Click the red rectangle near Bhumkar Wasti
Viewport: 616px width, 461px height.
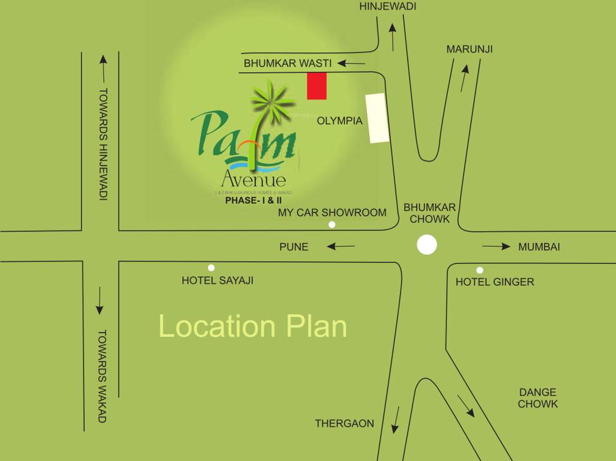pos(317,86)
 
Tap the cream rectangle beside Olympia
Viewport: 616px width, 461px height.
pos(378,118)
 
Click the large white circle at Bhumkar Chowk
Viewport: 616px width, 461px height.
pos(427,245)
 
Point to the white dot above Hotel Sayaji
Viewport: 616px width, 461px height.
pos(211,268)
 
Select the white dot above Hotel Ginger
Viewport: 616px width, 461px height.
pos(480,270)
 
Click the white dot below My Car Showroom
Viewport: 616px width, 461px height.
pos(331,224)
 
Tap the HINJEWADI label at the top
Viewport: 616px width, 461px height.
pos(387,7)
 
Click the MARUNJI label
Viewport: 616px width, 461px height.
pos(470,49)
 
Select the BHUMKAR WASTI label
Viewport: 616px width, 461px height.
pos(288,63)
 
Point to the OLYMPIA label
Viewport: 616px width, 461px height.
pos(340,121)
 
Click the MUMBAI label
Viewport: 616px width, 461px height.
pos(539,247)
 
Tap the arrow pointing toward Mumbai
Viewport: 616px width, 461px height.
pos(496,246)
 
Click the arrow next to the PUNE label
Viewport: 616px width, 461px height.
pos(340,246)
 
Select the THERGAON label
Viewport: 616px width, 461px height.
pos(345,424)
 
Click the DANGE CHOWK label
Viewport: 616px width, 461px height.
pos(538,398)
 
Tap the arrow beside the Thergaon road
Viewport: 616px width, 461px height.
pos(395,419)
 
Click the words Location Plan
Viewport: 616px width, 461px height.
pos(253,327)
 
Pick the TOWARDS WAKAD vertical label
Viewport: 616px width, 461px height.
pos(102,376)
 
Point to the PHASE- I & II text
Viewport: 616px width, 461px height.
pos(253,201)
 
